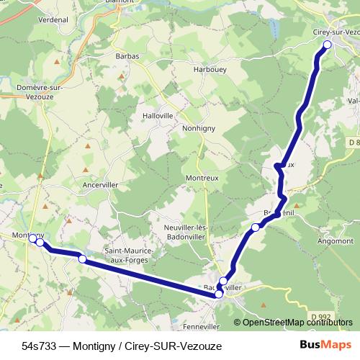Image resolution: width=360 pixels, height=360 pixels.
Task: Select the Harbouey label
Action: click(210, 69)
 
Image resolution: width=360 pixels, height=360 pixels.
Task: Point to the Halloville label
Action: click(158, 115)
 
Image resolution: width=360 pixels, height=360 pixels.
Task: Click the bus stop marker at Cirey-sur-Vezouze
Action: click(327, 45)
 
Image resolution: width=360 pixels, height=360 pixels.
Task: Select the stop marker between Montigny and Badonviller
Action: click(82, 259)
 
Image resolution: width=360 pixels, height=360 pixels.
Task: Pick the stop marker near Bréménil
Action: click(255, 228)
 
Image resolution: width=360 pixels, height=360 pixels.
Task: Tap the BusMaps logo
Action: click(321, 346)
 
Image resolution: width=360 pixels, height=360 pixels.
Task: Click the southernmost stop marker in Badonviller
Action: click(219, 294)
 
